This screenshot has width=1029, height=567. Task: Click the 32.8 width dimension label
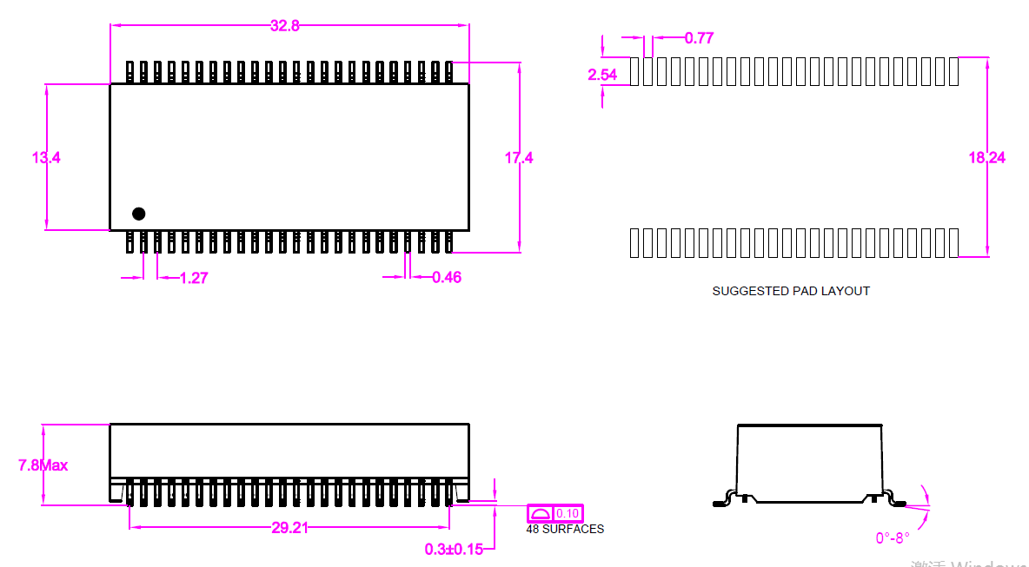[284, 26]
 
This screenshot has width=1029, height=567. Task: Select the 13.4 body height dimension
[46, 158]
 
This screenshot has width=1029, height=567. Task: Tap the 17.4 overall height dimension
[519, 158]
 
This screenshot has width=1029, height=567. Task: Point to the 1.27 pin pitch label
[194, 278]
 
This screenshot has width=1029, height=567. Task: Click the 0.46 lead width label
[447, 278]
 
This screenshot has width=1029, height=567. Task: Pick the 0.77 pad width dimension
[699, 38]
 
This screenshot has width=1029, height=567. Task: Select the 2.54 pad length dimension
[602, 75]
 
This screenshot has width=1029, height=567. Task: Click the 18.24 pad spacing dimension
[987, 158]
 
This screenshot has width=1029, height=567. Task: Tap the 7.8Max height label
[43, 465]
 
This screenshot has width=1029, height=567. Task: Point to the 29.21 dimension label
[289, 528]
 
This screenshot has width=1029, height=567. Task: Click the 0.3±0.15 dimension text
[454, 549]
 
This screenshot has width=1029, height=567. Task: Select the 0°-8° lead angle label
[893, 538]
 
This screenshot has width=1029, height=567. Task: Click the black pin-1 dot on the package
[138, 214]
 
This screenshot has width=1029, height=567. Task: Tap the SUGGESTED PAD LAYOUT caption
[791, 291]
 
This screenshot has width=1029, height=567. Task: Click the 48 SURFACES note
[565, 529]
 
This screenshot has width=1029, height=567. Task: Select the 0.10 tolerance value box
[568, 513]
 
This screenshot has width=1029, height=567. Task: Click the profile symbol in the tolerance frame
[541, 513]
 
